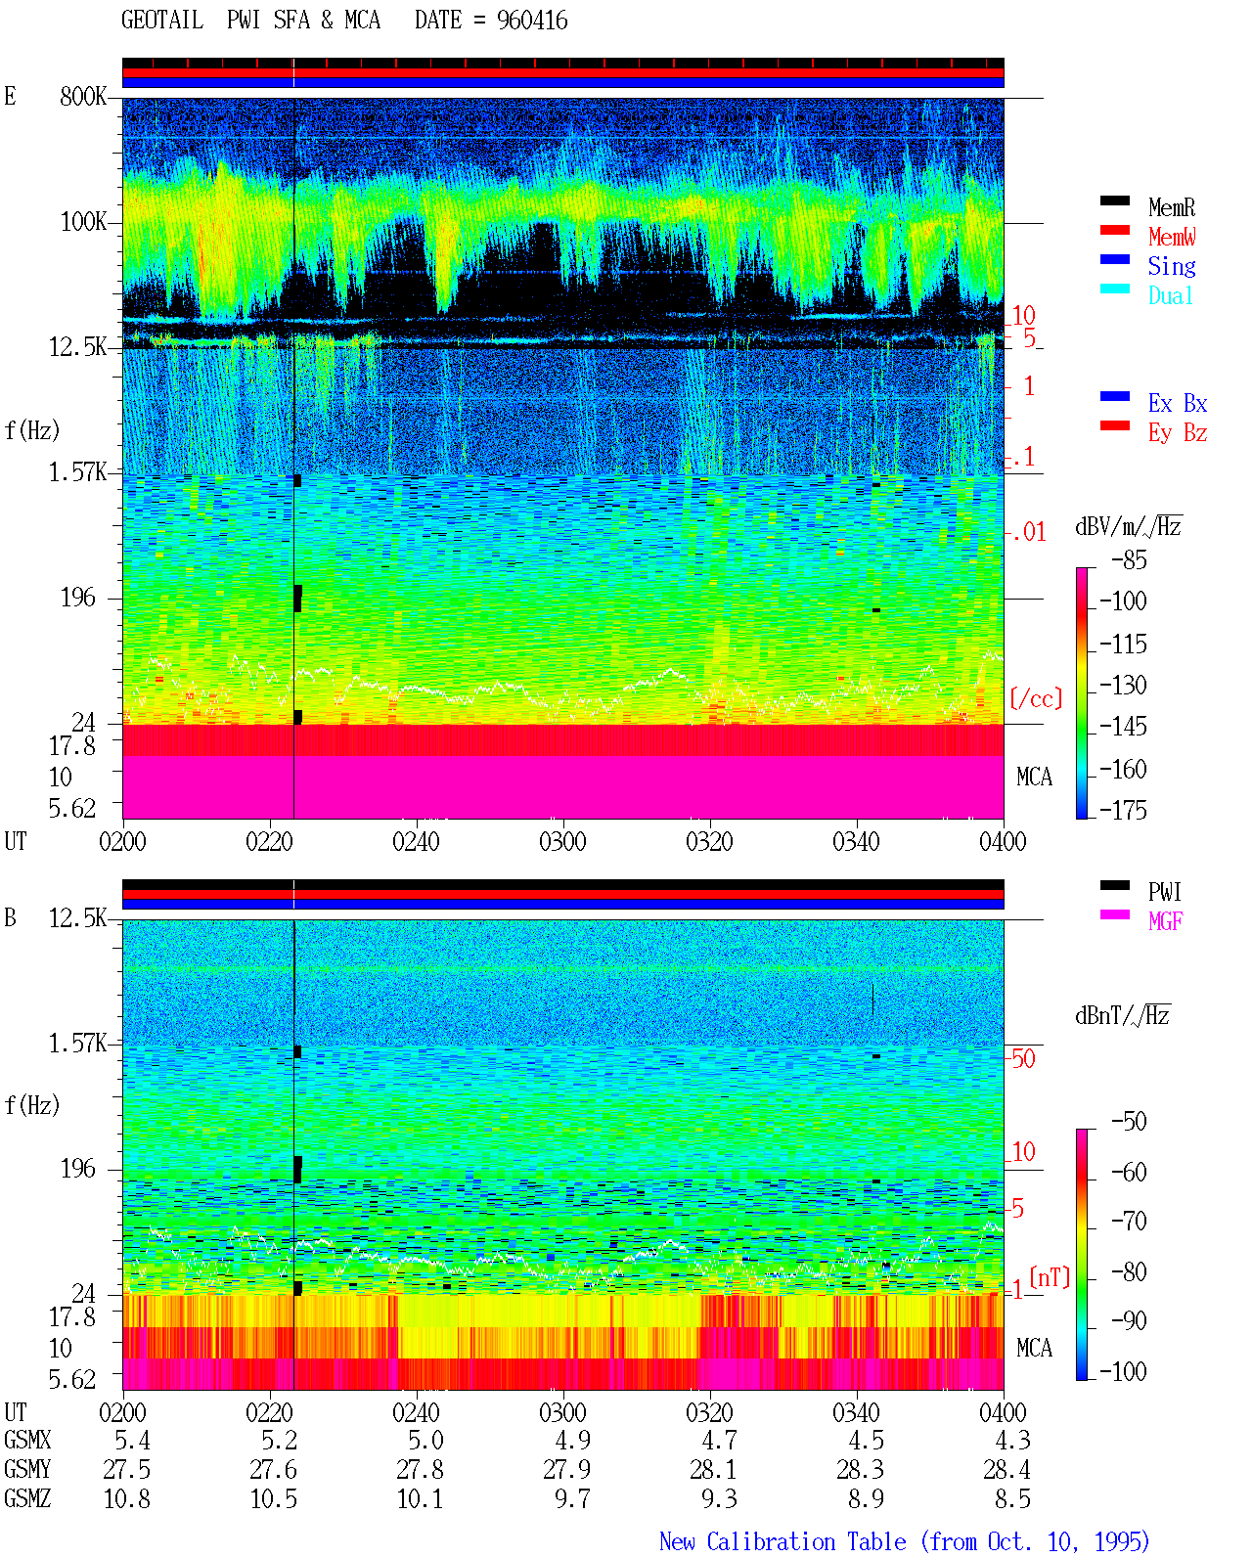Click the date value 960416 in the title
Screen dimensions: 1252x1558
pyautogui.click(x=531, y=21)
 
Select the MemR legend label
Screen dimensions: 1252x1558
pyautogui.click(x=1172, y=207)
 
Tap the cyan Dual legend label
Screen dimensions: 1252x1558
pyautogui.click(x=1171, y=295)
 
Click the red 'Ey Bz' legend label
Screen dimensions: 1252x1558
pyautogui.click(x=1178, y=432)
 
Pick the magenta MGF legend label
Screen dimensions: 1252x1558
pyautogui.click(x=1166, y=921)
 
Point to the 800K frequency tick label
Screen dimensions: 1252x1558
pyautogui.click(x=83, y=96)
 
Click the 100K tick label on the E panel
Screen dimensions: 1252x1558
pyautogui.click(x=83, y=222)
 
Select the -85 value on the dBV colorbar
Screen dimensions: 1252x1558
pyautogui.click(x=1128, y=559)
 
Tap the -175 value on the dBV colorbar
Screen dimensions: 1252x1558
pyautogui.click(x=1123, y=810)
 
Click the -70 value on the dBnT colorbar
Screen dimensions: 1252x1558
pyautogui.click(x=1128, y=1222)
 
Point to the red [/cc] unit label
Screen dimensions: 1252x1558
pyautogui.click(x=1036, y=698)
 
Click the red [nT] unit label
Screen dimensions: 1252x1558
pyautogui.click(x=1050, y=1277)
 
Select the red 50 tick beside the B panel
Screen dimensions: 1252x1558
pyautogui.click(x=1023, y=1058)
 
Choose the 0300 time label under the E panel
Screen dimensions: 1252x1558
pyautogui.click(x=562, y=841)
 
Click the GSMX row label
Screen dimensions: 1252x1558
pyautogui.click(x=27, y=1440)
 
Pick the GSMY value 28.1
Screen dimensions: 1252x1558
pyautogui.click(x=713, y=1470)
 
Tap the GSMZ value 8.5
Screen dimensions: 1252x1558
pyautogui.click(x=1012, y=1498)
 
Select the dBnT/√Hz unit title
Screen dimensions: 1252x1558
pyautogui.click(x=1123, y=1016)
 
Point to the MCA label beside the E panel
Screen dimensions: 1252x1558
pyautogui.click(x=1034, y=777)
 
